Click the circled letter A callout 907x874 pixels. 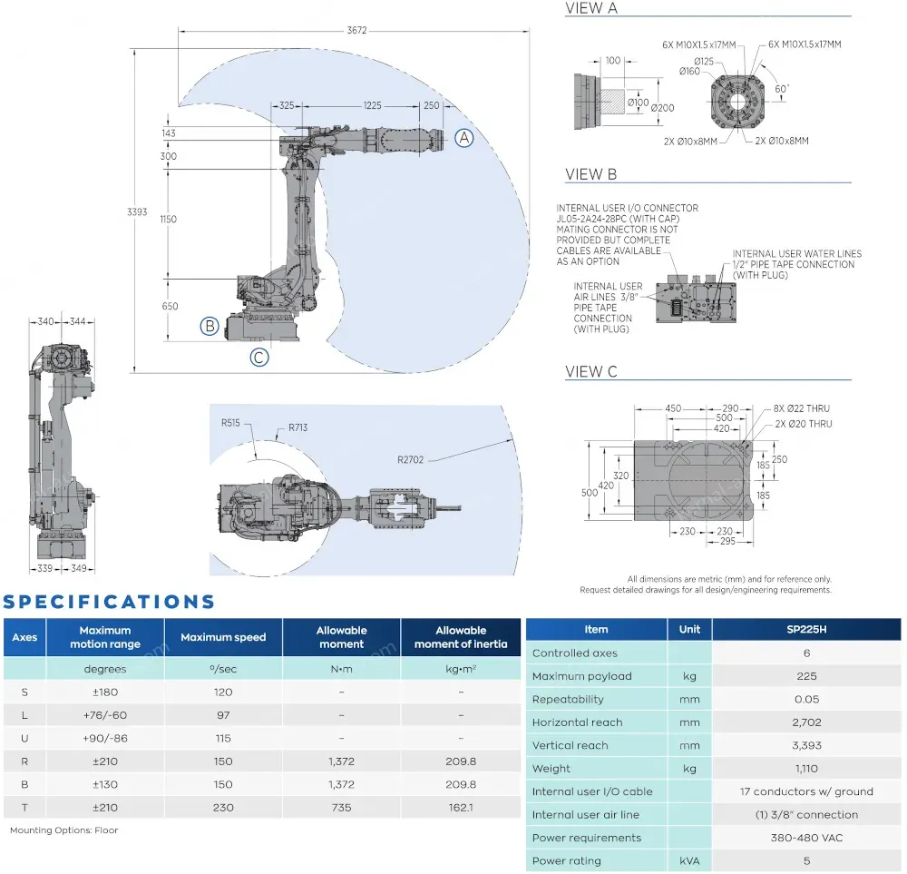point(463,138)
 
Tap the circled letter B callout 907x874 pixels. point(210,326)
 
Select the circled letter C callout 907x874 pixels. point(259,358)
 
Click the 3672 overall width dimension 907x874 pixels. point(356,30)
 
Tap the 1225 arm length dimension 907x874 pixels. point(372,105)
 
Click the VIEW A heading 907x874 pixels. point(591,9)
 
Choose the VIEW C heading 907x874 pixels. point(591,371)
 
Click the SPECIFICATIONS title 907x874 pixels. point(110,602)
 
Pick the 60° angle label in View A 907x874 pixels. point(782,89)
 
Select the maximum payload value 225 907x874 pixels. point(806,676)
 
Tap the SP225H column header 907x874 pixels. point(806,629)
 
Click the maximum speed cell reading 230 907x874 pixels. point(223,808)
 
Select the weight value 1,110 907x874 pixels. point(806,769)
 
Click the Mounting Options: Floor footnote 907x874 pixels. point(63,830)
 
